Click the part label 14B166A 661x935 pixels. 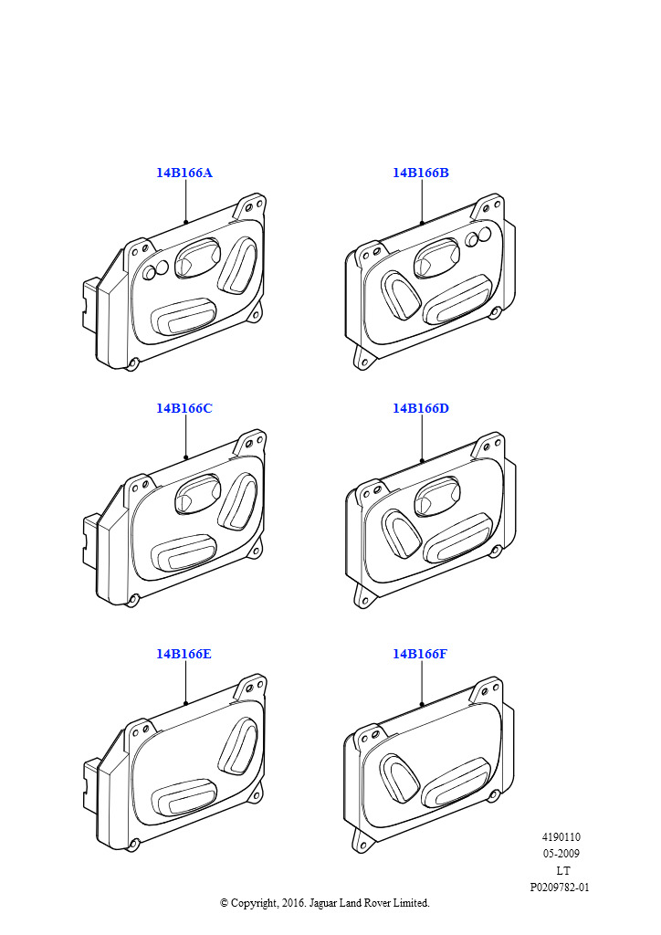[x=184, y=173]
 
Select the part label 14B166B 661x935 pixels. [x=421, y=173]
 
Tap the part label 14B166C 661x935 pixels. [x=184, y=408]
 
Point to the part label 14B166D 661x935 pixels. [x=421, y=408]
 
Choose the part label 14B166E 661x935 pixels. [x=184, y=654]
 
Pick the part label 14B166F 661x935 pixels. [x=420, y=654]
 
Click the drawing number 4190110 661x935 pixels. [x=561, y=837]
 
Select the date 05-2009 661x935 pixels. [x=561, y=854]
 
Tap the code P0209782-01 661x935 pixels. [x=560, y=888]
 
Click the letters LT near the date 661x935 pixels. [x=562, y=870]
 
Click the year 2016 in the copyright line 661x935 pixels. [x=293, y=903]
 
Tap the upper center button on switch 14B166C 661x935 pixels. [x=198, y=494]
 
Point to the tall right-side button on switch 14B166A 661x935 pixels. [x=237, y=266]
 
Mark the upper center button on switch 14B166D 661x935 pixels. [x=437, y=496]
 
